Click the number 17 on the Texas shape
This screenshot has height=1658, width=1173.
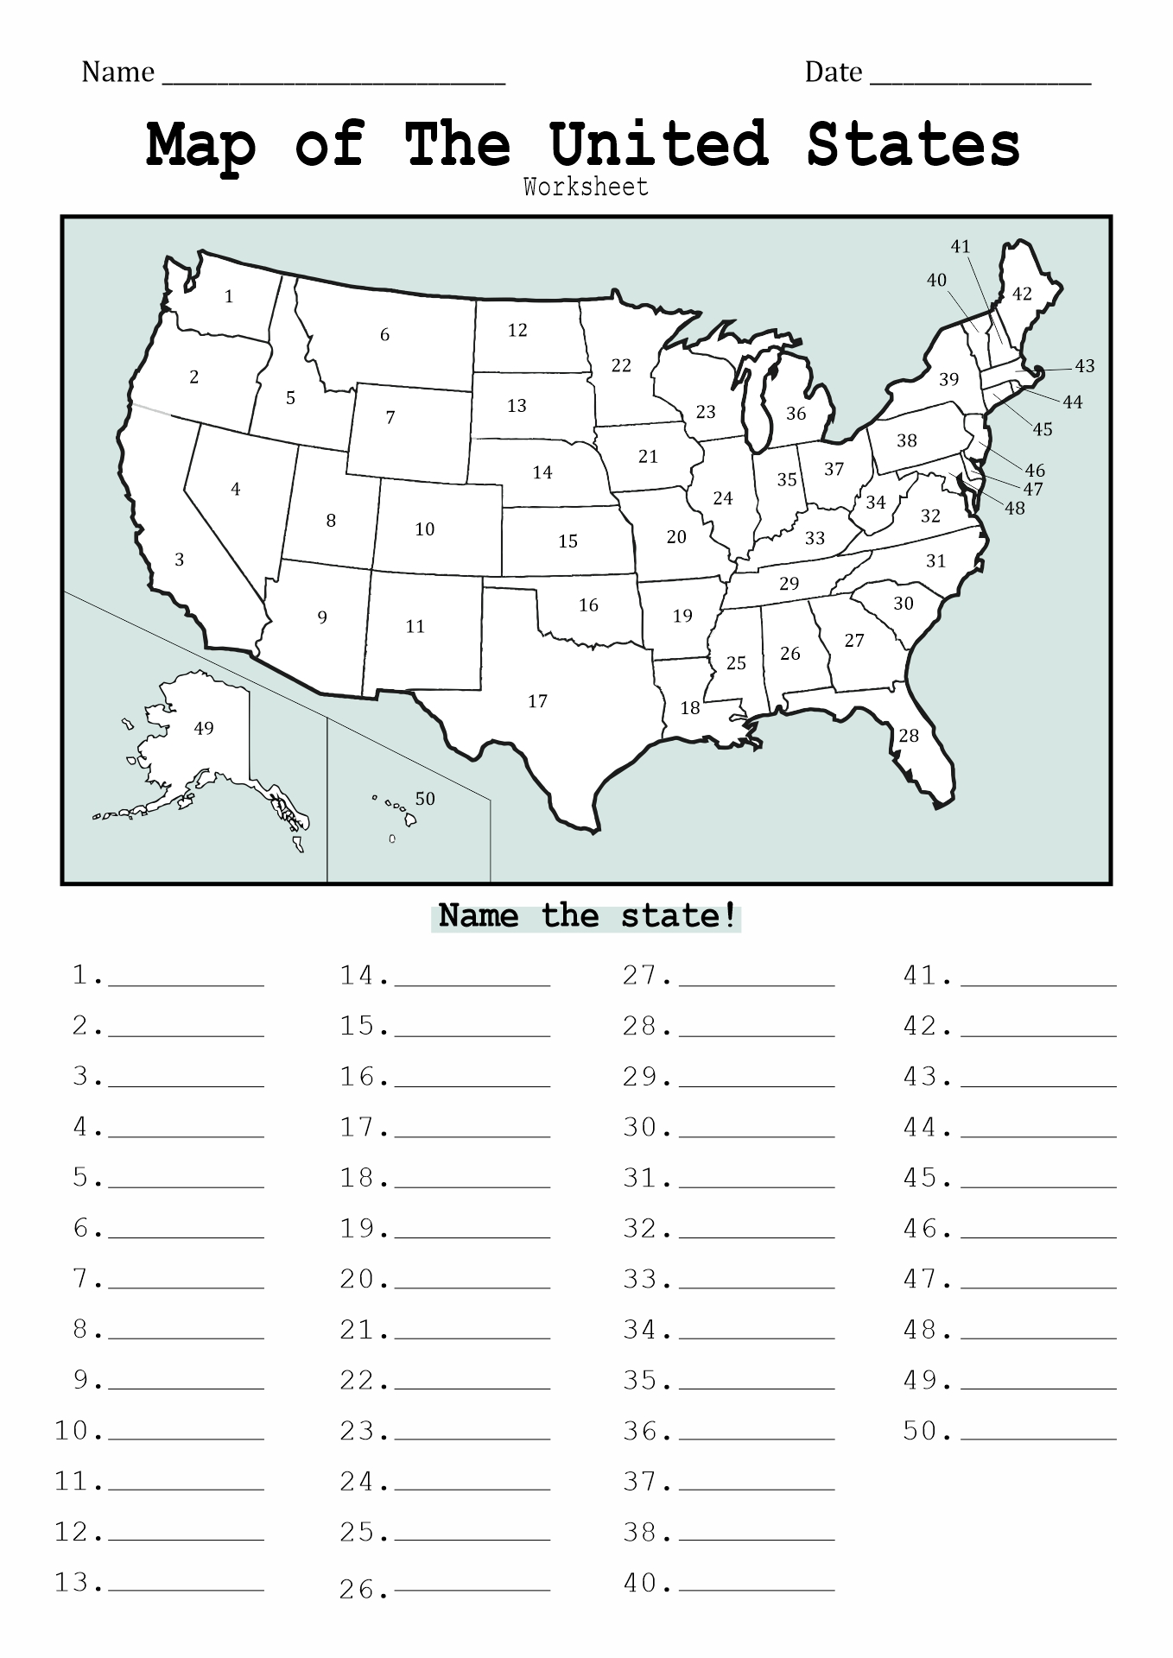coord(537,701)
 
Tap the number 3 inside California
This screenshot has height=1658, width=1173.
coord(180,560)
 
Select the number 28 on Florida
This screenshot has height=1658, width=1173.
coord(909,736)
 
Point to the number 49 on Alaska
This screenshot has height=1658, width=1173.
coord(204,728)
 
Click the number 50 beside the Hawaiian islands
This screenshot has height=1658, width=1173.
coord(424,799)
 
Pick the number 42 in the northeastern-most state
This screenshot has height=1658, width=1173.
coord(1022,294)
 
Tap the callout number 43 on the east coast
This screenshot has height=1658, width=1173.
coord(1084,366)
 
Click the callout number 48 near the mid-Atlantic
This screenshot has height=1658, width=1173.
coord(1014,509)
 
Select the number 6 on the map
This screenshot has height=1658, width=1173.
coord(385,335)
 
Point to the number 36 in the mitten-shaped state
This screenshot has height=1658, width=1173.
coord(796,414)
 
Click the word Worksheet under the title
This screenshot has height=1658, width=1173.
coord(586,187)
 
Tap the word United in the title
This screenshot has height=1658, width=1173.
coord(658,144)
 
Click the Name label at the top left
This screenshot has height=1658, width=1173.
coord(117,72)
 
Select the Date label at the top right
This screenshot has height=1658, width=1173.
coord(833,72)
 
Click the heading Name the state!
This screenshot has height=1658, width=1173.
coord(586,915)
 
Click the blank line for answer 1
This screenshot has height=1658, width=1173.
coord(186,983)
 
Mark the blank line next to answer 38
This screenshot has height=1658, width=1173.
coord(757,1538)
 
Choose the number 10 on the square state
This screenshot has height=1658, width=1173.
coord(424,529)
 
